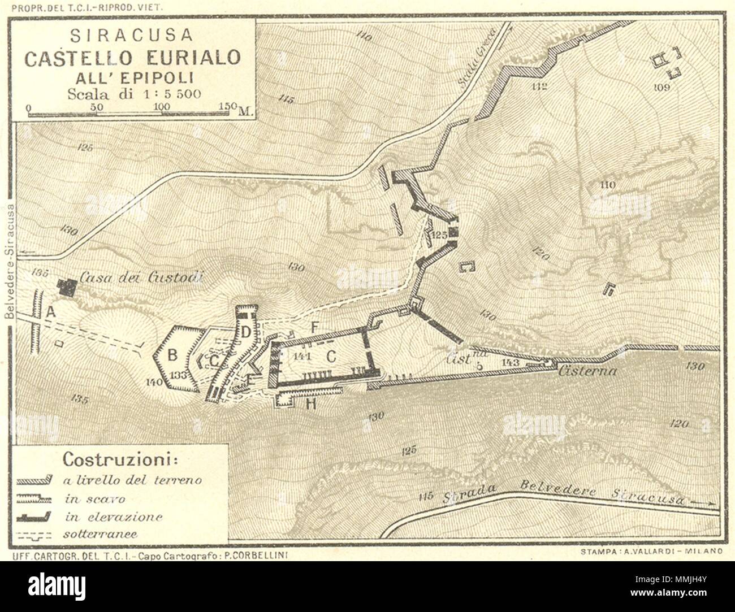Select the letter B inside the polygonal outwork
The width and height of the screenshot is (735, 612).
[x=172, y=355]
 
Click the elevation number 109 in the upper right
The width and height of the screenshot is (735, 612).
[x=661, y=86]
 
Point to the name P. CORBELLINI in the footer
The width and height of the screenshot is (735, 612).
[x=259, y=555]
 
